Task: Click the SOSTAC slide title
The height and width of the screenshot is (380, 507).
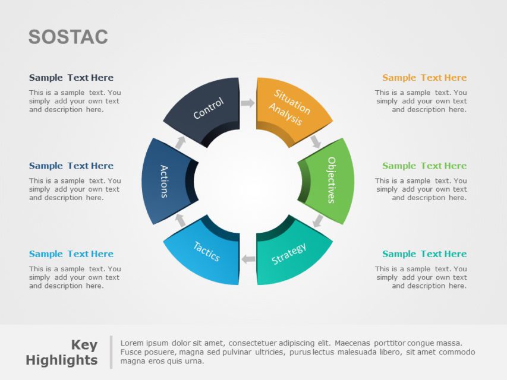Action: coord(68,37)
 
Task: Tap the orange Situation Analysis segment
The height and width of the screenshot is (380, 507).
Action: coord(291,107)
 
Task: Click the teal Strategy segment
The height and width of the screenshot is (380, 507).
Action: coord(291,252)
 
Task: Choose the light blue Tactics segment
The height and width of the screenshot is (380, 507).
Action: coord(204,252)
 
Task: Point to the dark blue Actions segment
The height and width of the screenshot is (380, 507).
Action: coord(166,181)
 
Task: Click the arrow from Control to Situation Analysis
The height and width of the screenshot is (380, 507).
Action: coord(247,103)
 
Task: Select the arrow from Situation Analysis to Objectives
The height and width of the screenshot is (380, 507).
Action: coord(316,141)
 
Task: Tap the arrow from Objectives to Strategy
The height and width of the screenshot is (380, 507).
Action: coord(318,221)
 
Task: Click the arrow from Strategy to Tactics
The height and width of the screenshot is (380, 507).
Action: coord(248,259)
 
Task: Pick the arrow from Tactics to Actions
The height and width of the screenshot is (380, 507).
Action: coord(180,220)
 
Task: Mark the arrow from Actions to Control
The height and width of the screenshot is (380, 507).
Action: coord(180,142)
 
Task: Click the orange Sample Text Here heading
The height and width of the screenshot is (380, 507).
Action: coord(424,78)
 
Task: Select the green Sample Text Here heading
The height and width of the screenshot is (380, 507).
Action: coord(424,166)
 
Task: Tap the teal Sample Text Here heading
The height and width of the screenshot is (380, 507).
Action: coord(424,254)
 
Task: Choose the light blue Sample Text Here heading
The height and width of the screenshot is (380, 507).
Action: coord(71,254)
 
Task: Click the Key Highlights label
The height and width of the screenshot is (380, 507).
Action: coord(62,353)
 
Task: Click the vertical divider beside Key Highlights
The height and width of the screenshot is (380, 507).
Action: coord(111,352)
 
